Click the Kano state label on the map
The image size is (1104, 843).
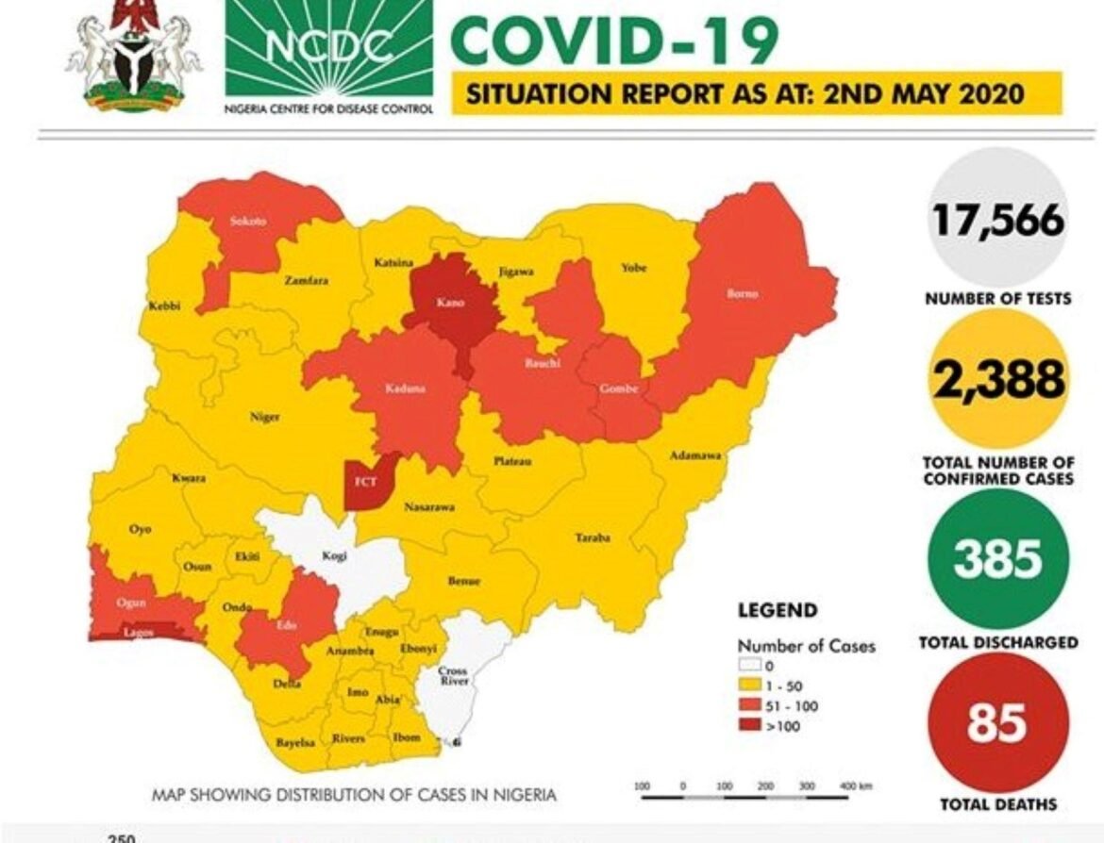pos(447,304)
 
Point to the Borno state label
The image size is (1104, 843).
pos(743,293)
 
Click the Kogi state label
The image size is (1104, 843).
pos(334,557)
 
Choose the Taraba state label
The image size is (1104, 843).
pos(593,537)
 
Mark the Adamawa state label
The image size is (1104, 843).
pos(695,455)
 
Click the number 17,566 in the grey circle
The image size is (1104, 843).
pos(998,221)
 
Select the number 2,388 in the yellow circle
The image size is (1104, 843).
pos(998,380)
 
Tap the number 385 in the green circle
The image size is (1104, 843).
pos(998,558)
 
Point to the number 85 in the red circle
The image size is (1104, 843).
pos(997,723)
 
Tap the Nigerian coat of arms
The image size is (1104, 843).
pos(133,55)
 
